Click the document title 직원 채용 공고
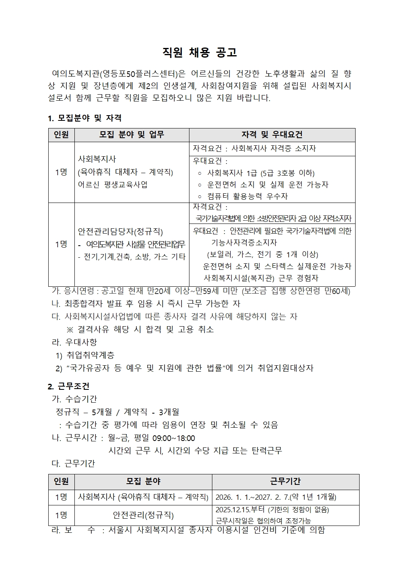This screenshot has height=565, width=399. click(x=199, y=52)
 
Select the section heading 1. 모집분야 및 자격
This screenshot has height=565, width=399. click(x=84, y=118)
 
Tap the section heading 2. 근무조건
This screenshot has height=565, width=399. click(x=68, y=386)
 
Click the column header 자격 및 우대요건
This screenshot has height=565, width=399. click(x=272, y=135)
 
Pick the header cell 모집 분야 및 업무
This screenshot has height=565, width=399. click(x=132, y=135)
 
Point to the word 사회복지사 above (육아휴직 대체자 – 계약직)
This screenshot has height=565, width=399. click(x=97, y=159)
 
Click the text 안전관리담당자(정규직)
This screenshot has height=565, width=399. click(x=120, y=232)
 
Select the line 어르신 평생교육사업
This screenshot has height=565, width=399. click(x=113, y=184)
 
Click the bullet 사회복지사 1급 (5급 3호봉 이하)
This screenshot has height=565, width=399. click(x=260, y=173)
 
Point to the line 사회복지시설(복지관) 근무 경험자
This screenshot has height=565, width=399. click(x=261, y=278)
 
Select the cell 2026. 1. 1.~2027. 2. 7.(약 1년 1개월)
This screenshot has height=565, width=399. click(x=276, y=497)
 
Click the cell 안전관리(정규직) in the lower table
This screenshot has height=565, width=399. click(x=143, y=515)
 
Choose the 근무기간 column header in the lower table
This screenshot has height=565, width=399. click(x=285, y=481)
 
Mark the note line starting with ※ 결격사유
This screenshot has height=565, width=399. click(x=140, y=329)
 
